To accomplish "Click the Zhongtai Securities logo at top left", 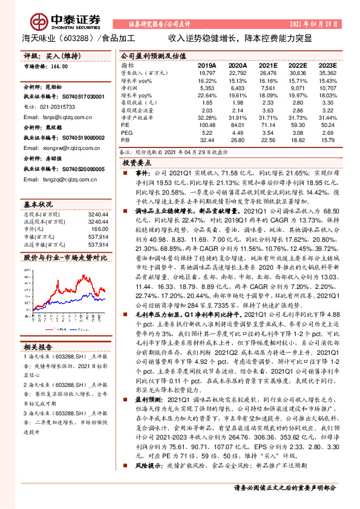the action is pyautogui.click(x=54, y=21).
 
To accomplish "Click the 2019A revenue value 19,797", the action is pyautogui.click(x=207, y=73).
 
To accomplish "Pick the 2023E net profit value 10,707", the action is pyautogui.click(x=327, y=88).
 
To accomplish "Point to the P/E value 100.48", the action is pyautogui.click(x=207, y=125).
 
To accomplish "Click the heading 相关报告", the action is pyautogui.click(x=39, y=346).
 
